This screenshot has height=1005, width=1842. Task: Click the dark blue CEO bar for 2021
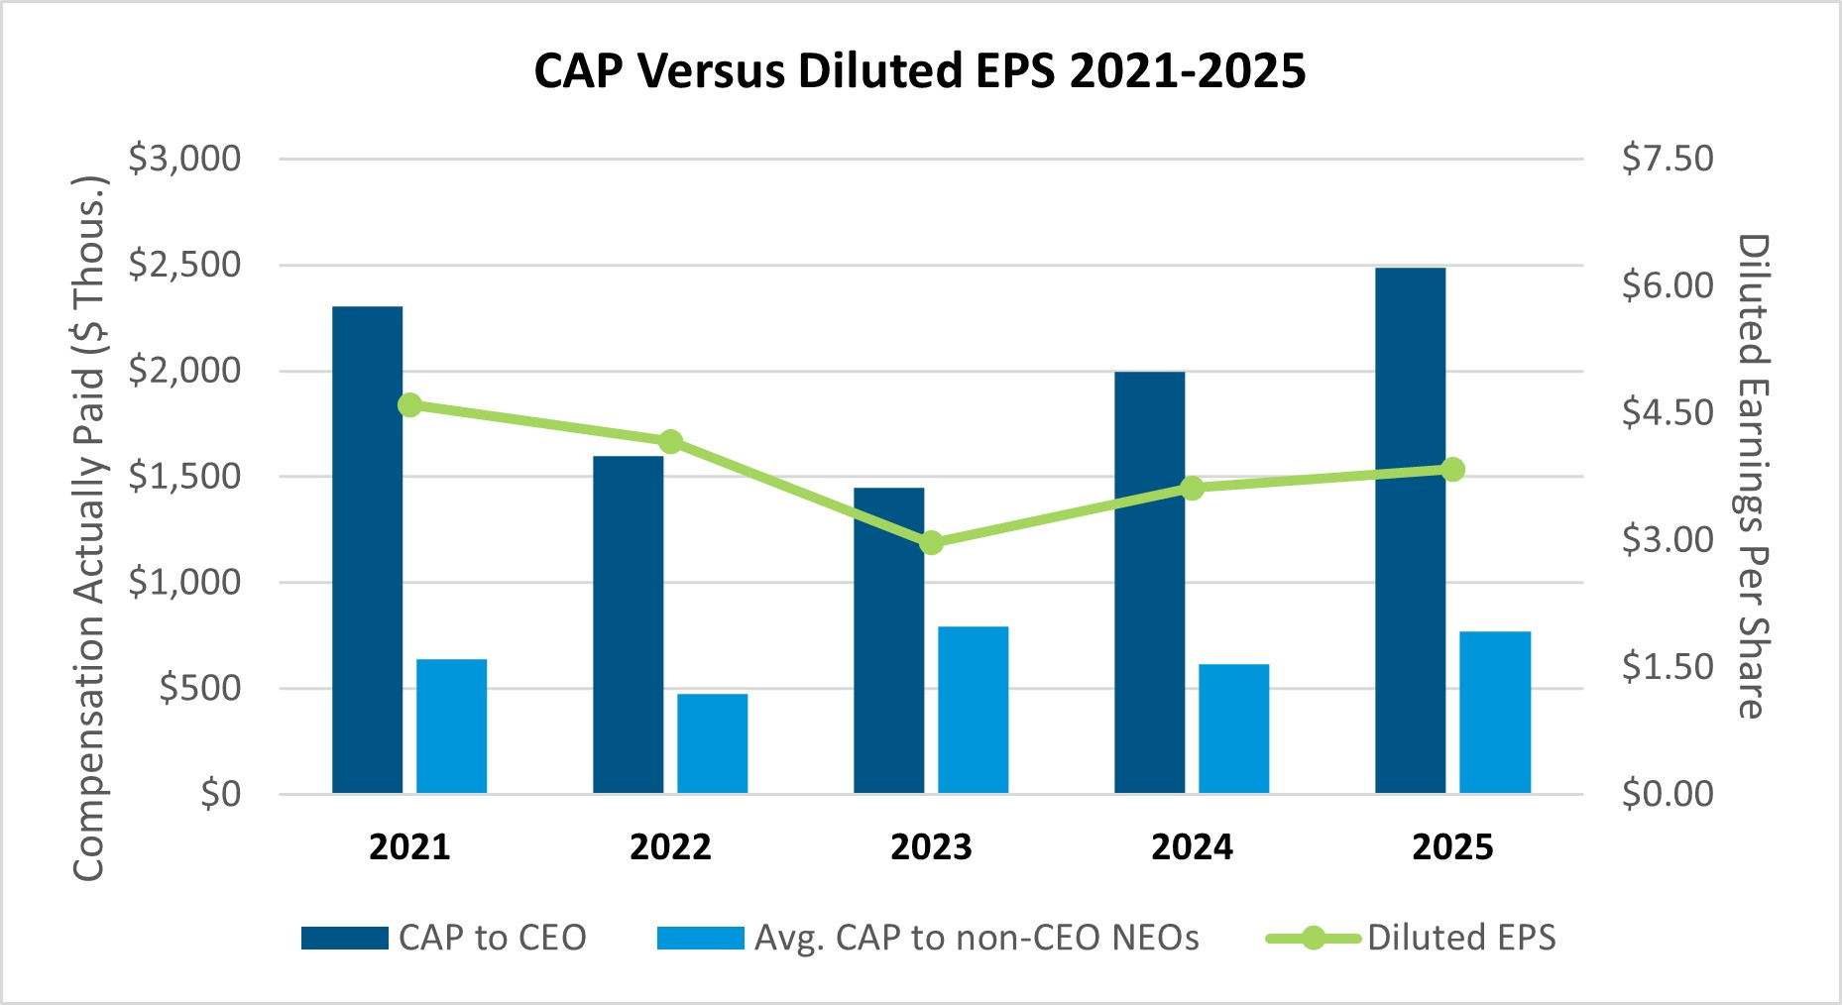tap(367, 550)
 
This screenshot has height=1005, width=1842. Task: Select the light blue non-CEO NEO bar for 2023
tap(974, 710)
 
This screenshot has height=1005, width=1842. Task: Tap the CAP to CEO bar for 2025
tap(1411, 530)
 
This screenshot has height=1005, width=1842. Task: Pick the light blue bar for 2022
tap(713, 743)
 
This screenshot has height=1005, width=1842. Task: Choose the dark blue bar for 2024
tap(1150, 583)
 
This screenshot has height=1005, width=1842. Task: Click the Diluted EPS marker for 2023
tap(931, 543)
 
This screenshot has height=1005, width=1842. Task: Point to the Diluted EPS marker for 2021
tap(409, 404)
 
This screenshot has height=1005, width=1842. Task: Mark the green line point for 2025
tap(1452, 470)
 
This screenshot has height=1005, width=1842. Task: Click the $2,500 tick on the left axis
tap(184, 265)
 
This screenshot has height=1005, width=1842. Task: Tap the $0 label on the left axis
tap(219, 794)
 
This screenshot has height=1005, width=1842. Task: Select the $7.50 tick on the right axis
tap(1668, 159)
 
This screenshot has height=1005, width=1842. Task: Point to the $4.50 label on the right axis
tap(1668, 412)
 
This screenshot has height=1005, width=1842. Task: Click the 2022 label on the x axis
tap(670, 847)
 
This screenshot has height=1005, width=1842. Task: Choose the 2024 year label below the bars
tap(1192, 847)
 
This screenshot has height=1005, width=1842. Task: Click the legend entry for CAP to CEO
tap(443, 938)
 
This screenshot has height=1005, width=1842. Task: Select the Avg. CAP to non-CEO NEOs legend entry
tap(928, 938)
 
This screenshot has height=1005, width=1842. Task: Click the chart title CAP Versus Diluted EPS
tap(920, 70)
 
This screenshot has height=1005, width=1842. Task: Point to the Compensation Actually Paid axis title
tap(89, 527)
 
